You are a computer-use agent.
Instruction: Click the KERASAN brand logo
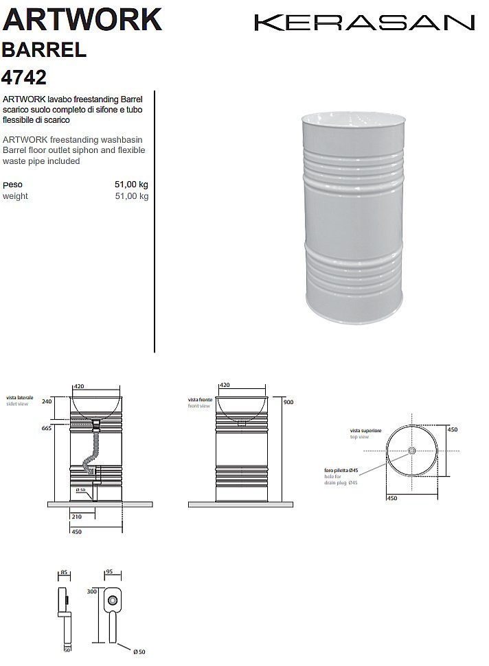click(364, 23)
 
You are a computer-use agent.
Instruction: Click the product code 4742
click(25, 75)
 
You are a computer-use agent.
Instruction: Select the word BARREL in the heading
click(44, 49)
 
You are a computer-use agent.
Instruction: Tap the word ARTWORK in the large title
click(82, 19)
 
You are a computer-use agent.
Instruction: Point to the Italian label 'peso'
click(12, 185)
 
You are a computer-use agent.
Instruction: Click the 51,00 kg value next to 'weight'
click(131, 196)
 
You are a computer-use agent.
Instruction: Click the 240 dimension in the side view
click(47, 402)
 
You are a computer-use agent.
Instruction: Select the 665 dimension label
click(47, 428)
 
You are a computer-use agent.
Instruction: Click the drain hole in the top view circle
click(411, 451)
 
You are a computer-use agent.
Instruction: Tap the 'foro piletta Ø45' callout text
click(341, 471)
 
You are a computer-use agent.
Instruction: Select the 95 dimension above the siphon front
click(109, 571)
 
